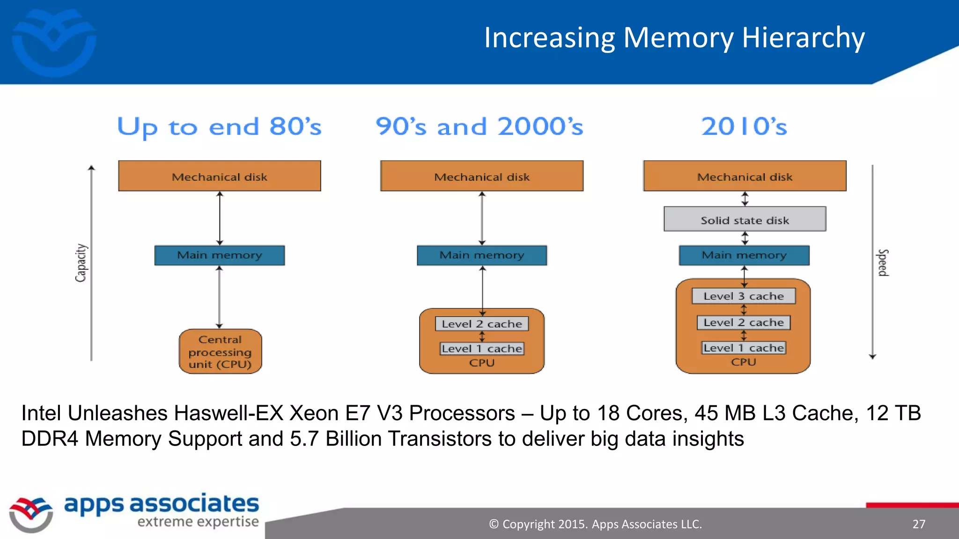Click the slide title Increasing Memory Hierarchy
click(674, 38)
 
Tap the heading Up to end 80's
click(219, 127)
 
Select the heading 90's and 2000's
click(479, 127)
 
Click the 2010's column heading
click(744, 127)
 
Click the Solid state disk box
click(745, 219)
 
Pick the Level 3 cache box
click(744, 296)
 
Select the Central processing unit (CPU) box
click(220, 352)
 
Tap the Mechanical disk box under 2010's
click(745, 176)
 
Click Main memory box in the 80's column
click(220, 255)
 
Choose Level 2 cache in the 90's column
click(482, 324)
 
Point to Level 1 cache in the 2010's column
click(744, 348)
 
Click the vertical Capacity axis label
click(81, 263)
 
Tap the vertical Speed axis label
click(882, 263)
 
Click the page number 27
click(919, 524)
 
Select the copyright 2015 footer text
click(595, 524)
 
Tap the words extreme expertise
click(198, 522)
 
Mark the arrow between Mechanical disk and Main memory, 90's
click(482, 218)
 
